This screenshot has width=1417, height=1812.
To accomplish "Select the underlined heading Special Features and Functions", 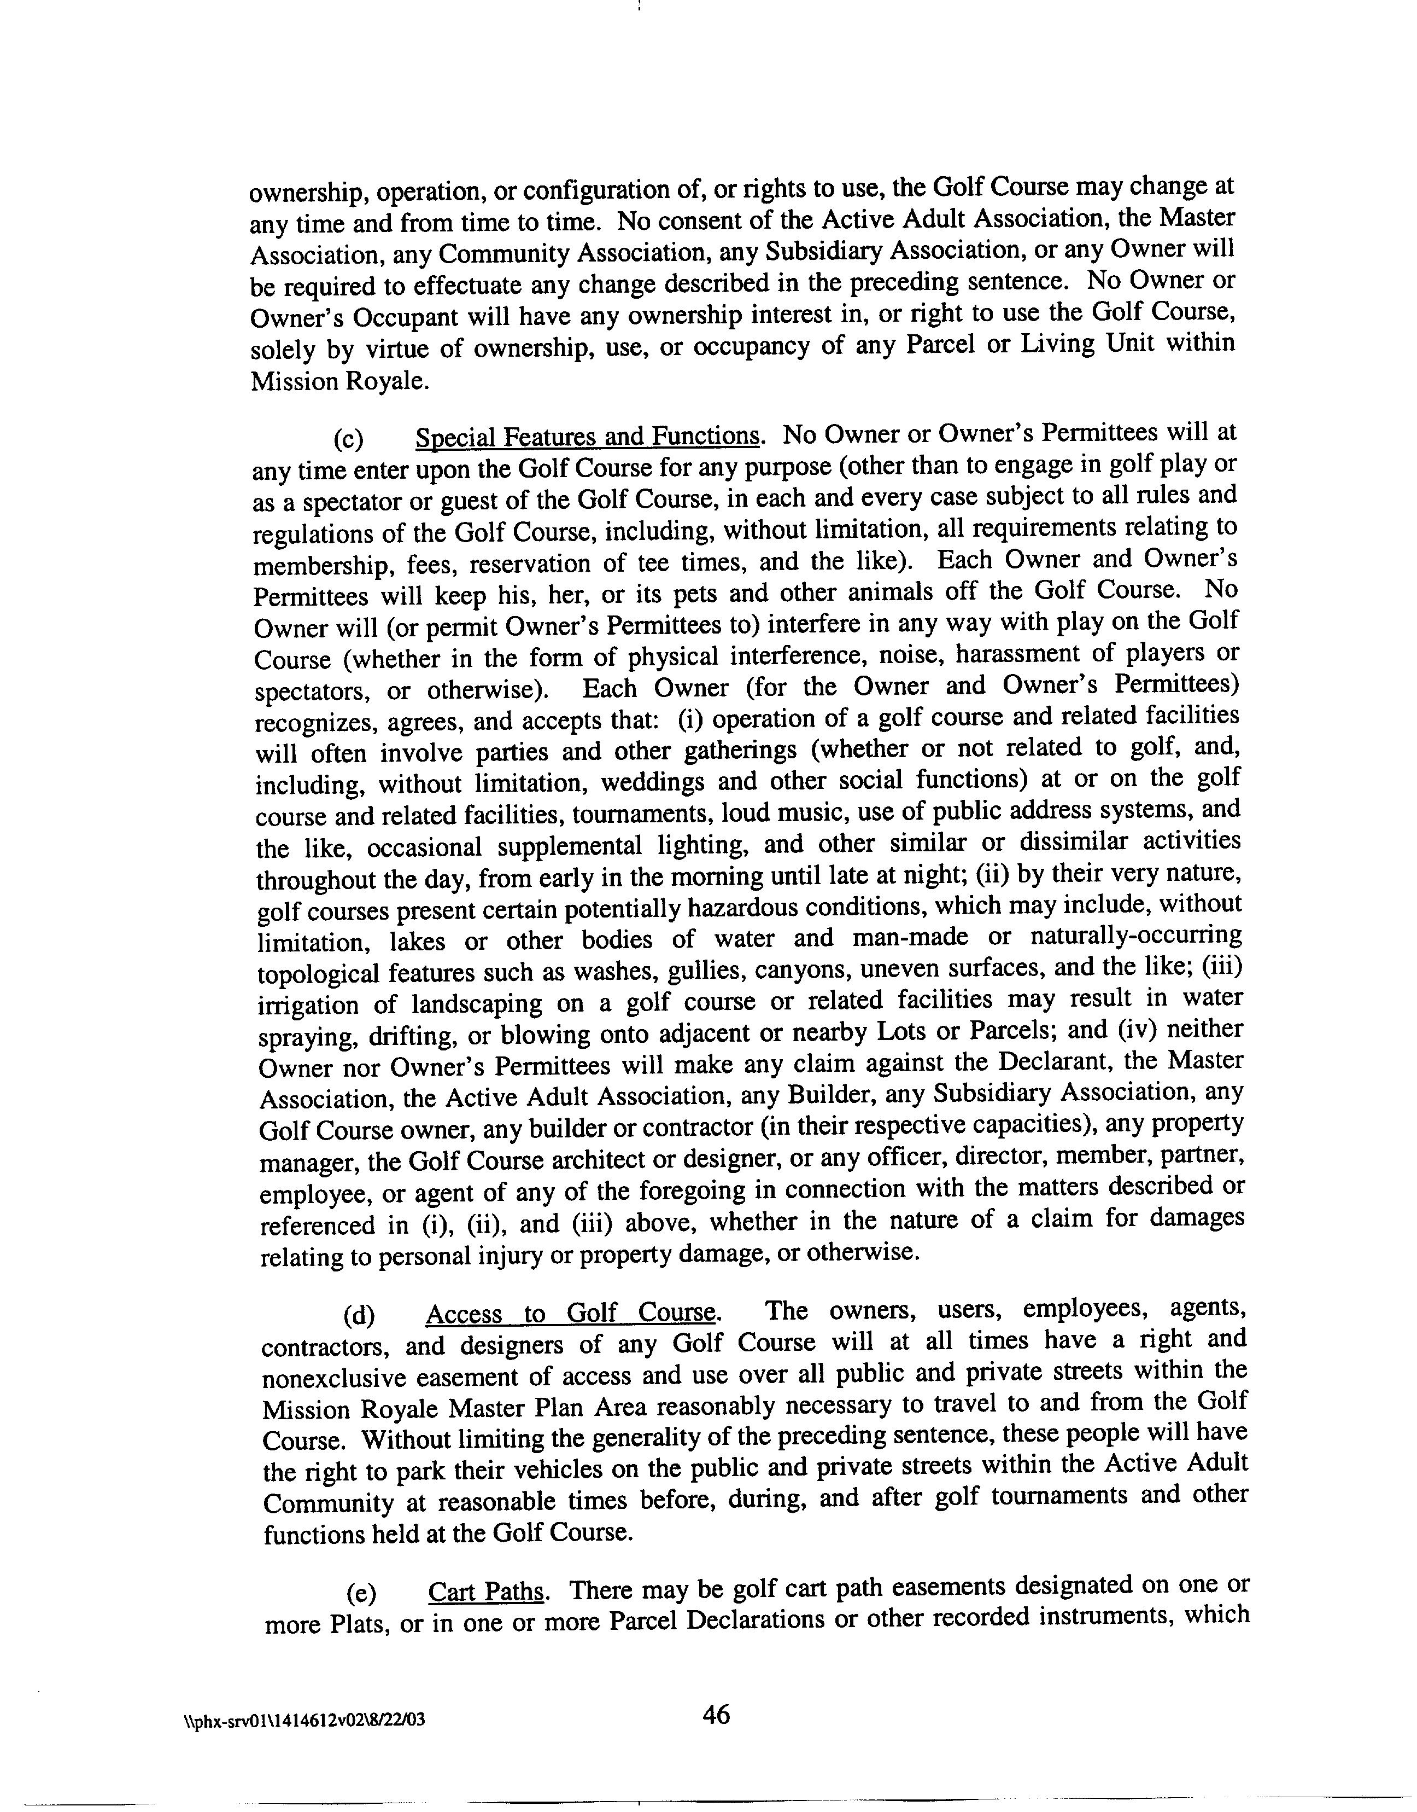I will tap(587, 437).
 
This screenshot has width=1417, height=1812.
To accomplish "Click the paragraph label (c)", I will tap(348, 438).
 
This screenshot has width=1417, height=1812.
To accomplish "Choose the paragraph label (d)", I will tap(359, 1315).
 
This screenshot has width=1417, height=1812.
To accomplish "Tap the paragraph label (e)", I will tap(361, 1594).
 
